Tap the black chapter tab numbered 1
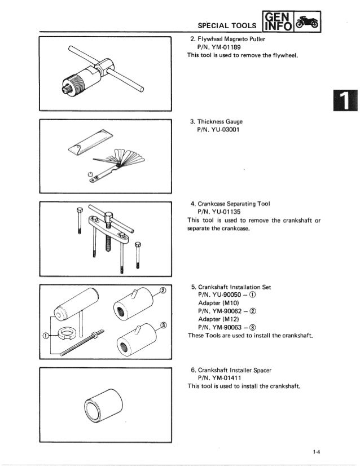click(340, 103)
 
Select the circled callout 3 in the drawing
click(163, 326)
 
